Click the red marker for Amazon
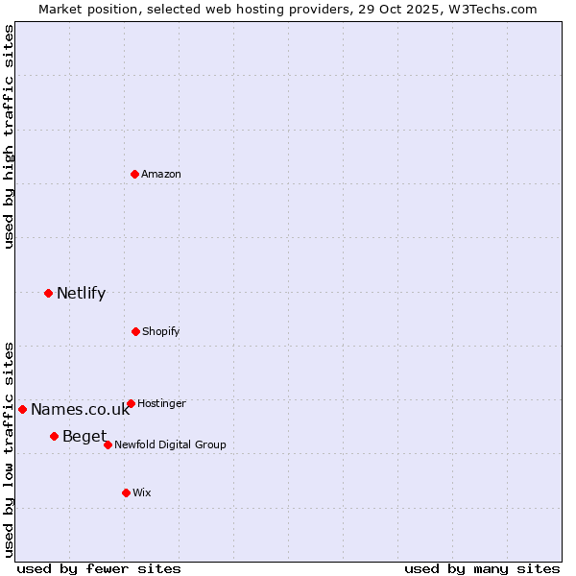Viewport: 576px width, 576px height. pos(135,174)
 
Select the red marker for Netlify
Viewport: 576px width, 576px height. pos(48,293)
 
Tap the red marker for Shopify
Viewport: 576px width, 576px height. pos(135,331)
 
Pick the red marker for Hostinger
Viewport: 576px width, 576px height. pos(131,403)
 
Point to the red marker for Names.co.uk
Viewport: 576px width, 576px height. pos(22,409)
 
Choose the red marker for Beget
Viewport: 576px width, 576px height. pos(54,436)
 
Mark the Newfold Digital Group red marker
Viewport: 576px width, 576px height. pos(108,444)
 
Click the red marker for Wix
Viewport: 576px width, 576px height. pos(126,492)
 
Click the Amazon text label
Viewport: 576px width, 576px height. pos(161,174)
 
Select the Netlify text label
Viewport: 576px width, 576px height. pos(81,293)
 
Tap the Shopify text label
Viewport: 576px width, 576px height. pos(161,331)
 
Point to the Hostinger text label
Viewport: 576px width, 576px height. pos(161,403)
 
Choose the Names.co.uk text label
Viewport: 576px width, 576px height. pos(80,410)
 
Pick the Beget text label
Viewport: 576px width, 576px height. pos(84,437)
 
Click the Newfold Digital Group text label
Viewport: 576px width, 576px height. pos(170,444)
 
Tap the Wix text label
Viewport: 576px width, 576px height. pos(142,492)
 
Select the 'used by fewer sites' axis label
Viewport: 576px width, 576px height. pos(99,568)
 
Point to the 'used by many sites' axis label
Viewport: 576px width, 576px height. pos(482,568)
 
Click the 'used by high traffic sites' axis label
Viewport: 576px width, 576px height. pos(9,136)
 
